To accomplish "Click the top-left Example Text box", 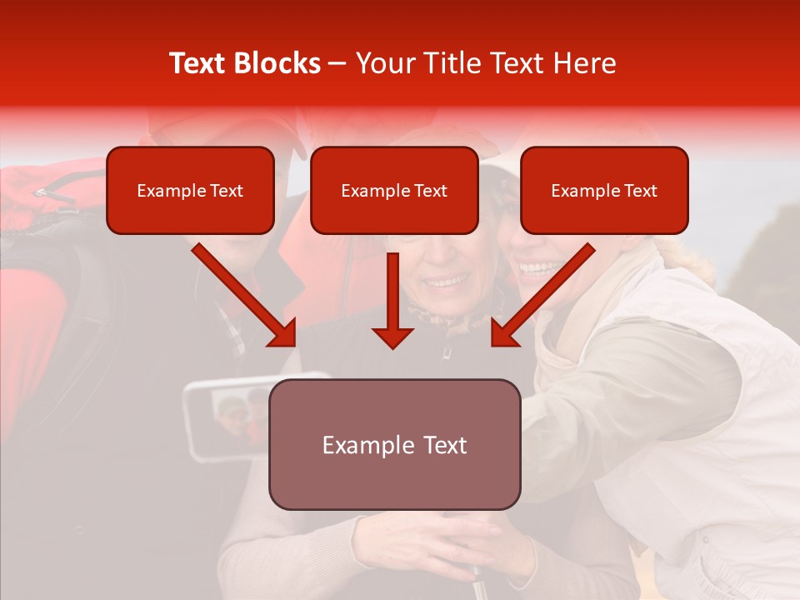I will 190,191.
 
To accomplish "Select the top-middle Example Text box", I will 394,191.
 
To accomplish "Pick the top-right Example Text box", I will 604,191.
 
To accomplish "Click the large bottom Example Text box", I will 394,444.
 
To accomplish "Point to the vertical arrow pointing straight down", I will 392,300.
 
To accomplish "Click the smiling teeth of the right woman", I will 538,269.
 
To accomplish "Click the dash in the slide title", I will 338,63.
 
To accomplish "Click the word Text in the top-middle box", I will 430,191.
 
